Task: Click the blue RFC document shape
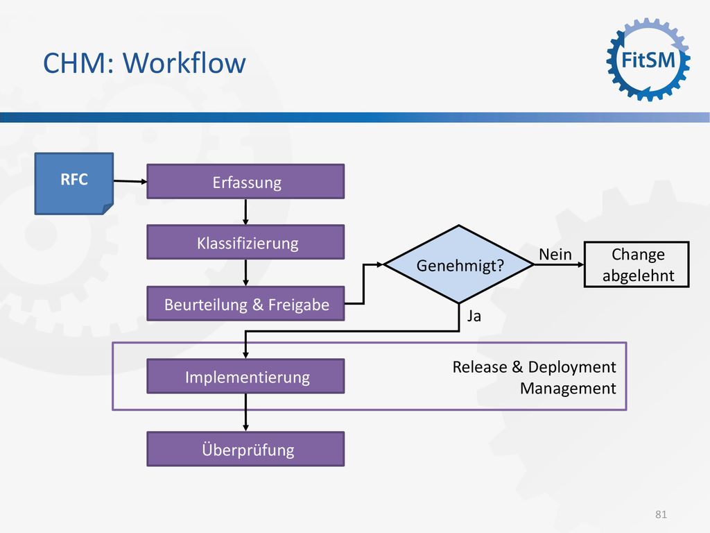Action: pos(73,183)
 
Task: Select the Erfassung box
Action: pos(245,181)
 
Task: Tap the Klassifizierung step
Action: pos(245,242)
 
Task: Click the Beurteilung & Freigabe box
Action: pos(245,304)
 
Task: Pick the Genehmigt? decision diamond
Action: pos(459,264)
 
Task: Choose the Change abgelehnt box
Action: pos(637,264)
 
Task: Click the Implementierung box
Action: pos(245,376)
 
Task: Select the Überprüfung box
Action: pos(245,449)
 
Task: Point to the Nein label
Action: pos(555,255)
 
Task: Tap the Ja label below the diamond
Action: pos(474,316)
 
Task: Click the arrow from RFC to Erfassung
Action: pos(130,181)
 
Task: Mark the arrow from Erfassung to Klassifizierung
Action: pos(245,212)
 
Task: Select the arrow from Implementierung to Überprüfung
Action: pos(245,412)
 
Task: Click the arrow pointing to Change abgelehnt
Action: pos(560,264)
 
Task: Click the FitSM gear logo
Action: pos(648,60)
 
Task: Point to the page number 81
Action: pos(661,514)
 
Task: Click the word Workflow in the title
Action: pos(184,62)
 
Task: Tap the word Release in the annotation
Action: pos(480,366)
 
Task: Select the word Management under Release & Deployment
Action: pos(568,389)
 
